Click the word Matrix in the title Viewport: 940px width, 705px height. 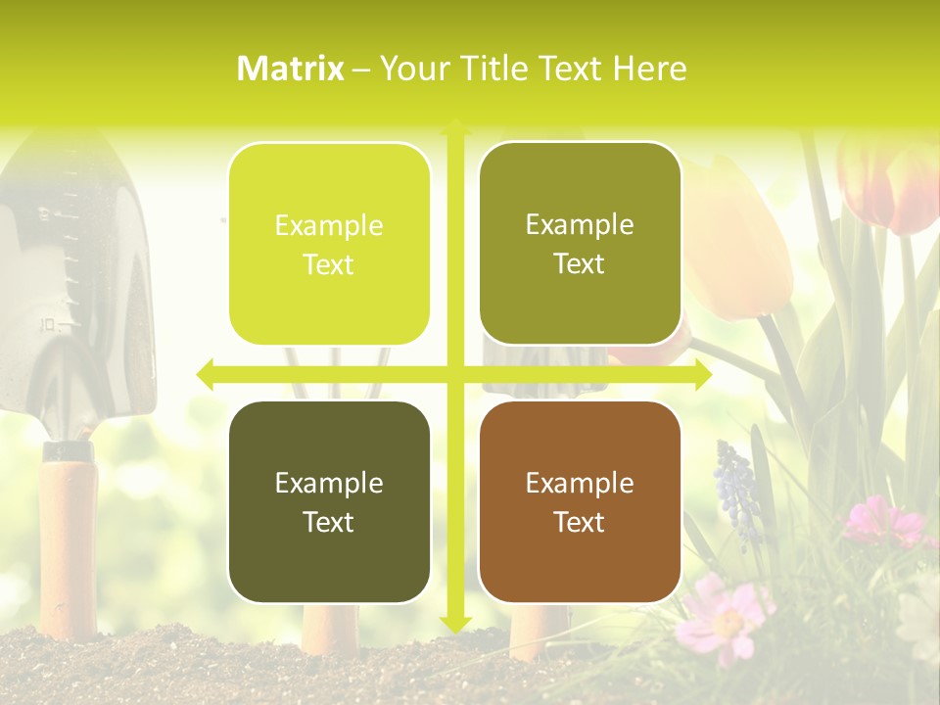click(x=290, y=69)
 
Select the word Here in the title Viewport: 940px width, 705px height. click(x=649, y=69)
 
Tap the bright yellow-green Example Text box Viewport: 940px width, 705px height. click(x=329, y=244)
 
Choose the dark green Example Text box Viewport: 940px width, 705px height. click(x=329, y=501)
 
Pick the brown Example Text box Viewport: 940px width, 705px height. click(x=580, y=501)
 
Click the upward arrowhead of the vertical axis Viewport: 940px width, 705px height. click(x=455, y=126)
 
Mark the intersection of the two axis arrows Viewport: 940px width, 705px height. click(x=455, y=374)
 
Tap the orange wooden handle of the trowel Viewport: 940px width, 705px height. click(x=69, y=529)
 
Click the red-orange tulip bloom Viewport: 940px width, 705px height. click(x=886, y=186)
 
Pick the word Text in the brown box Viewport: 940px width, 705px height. click(x=580, y=522)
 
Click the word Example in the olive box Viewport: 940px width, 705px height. click(x=580, y=224)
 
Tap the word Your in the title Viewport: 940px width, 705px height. click(x=407, y=69)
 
